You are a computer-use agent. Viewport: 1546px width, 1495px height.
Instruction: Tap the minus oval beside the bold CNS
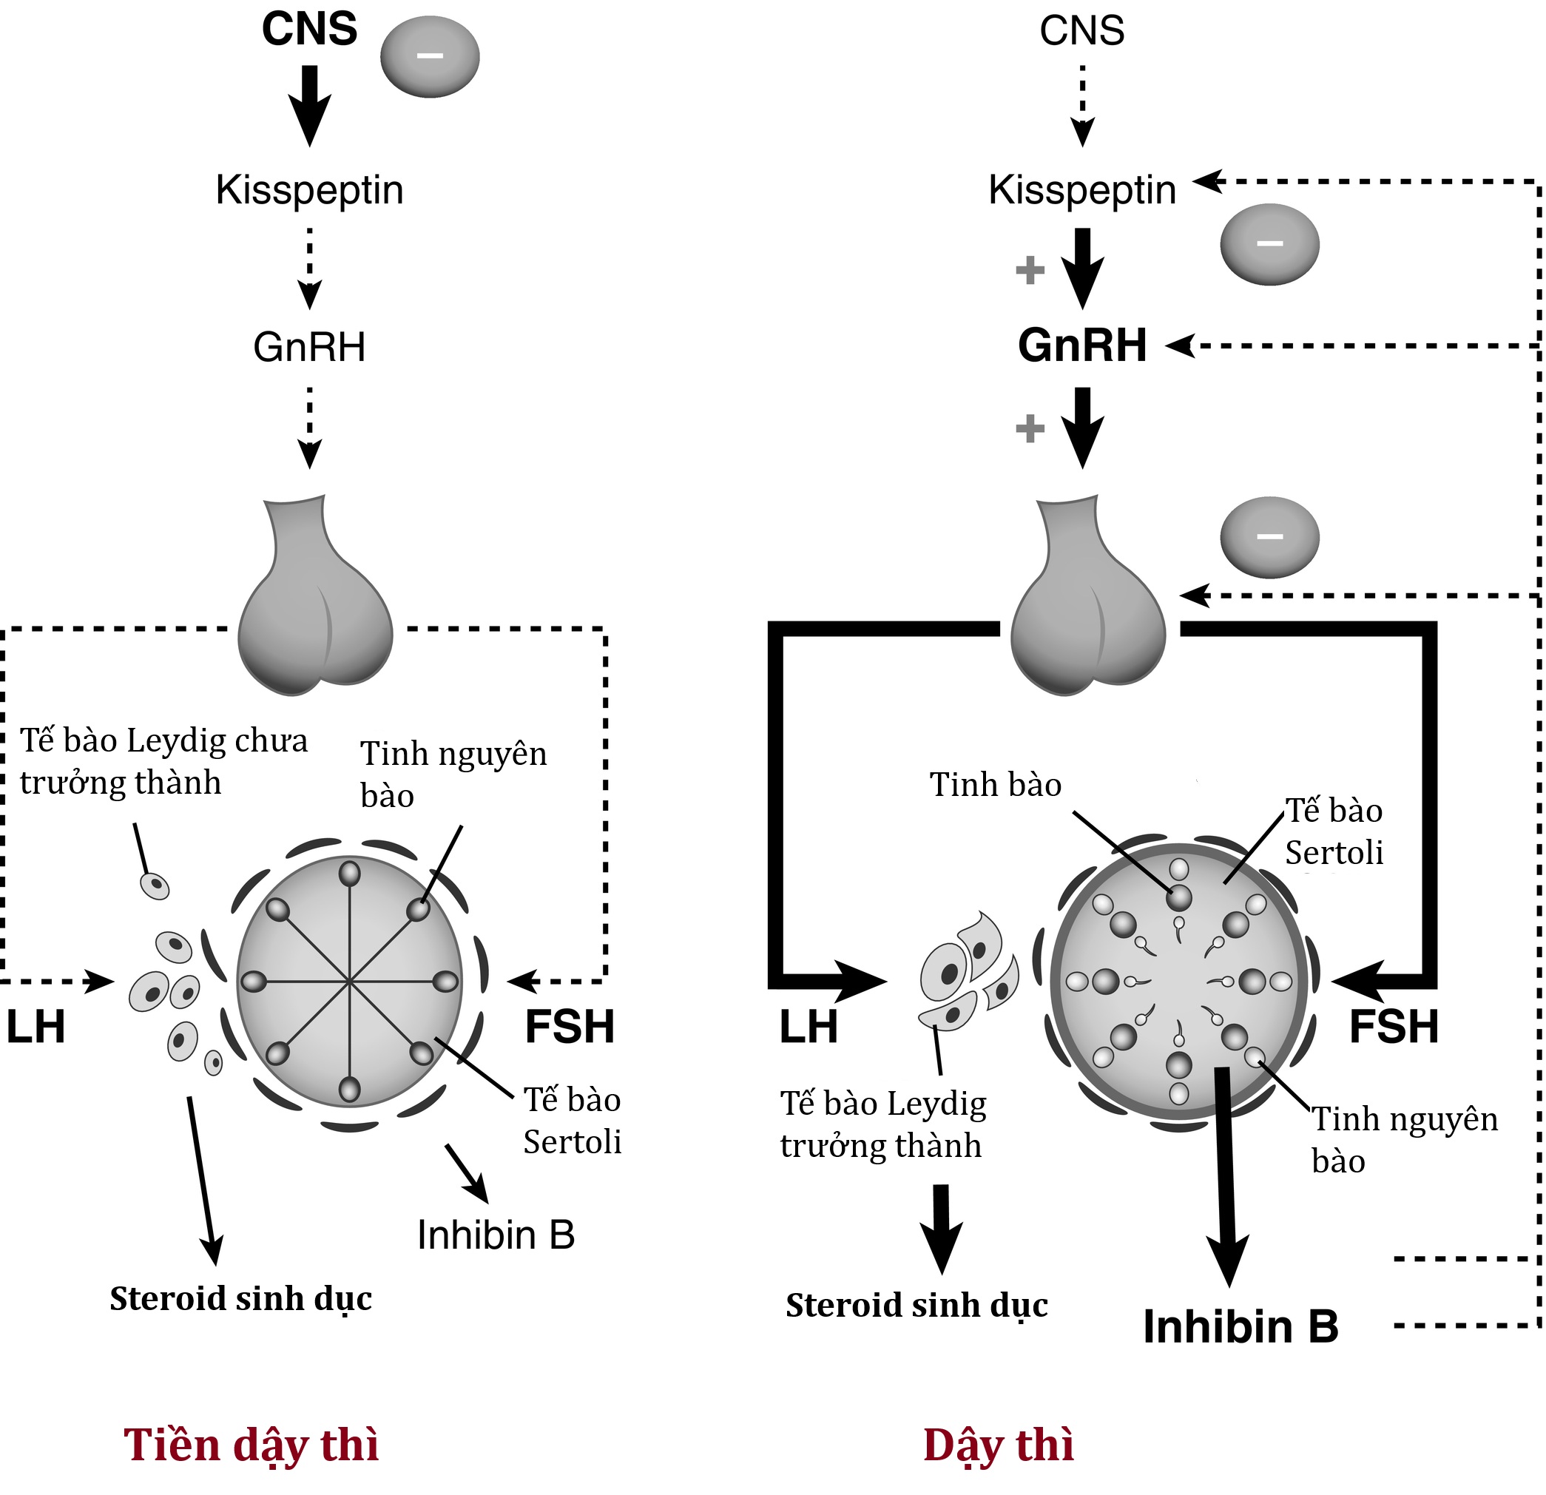pyautogui.click(x=430, y=57)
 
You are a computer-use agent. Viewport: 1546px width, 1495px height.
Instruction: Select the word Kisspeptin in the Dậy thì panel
pyautogui.click(x=1082, y=190)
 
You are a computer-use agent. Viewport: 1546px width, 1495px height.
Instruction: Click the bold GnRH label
pyautogui.click(x=1082, y=345)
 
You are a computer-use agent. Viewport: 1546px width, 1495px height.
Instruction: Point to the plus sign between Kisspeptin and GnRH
pyautogui.click(x=1030, y=271)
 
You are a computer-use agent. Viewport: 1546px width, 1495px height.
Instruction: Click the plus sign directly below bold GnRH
pyautogui.click(x=1030, y=429)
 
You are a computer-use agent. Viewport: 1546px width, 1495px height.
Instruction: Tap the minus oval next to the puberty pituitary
pyautogui.click(x=1269, y=537)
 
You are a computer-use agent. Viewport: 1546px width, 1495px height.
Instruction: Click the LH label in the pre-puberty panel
pyautogui.click(x=36, y=1027)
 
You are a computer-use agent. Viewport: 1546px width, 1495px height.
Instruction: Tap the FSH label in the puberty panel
pyautogui.click(x=1394, y=1027)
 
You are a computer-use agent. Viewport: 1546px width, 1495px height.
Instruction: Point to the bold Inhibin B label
pyautogui.click(x=1240, y=1326)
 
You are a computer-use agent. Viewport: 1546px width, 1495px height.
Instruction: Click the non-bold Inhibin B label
pyautogui.click(x=496, y=1235)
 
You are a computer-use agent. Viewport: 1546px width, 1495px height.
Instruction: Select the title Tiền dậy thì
pyautogui.click(x=252, y=1445)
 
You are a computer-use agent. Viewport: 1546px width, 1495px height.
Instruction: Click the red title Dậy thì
pyautogui.click(x=999, y=1445)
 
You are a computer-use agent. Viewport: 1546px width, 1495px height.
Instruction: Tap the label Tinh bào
pyautogui.click(x=996, y=785)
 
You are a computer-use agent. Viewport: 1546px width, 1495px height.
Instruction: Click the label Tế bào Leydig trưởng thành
pyautogui.click(x=882, y=1124)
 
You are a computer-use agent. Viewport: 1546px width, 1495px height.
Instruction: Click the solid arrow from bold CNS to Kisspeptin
pyautogui.click(x=310, y=105)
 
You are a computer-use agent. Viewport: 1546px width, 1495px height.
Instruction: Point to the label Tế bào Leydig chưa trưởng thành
pyautogui.click(x=163, y=762)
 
